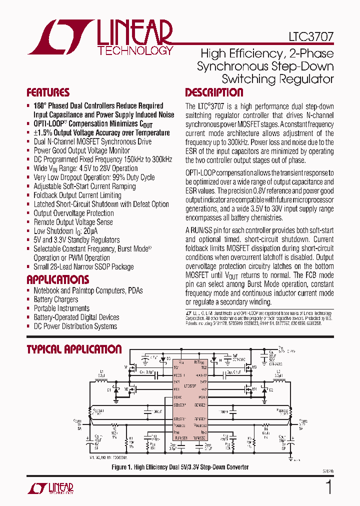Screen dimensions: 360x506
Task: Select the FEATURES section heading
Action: coord(48,92)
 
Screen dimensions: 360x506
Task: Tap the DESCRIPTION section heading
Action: coord(214,92)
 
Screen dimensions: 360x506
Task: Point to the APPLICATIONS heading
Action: coord(57,279)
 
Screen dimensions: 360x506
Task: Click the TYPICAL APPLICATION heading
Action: coord(74,349)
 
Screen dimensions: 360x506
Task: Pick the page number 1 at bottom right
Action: coord(328,486)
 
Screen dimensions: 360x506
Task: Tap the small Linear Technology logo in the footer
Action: coord(50,488)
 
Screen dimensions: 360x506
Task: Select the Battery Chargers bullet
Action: coord(55,299)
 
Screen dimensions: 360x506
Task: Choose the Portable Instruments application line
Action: coord(61,308)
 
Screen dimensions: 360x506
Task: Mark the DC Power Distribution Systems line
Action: coord(75,326)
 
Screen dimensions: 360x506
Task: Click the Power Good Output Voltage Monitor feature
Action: coord(81,150)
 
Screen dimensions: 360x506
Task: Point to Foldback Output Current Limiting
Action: coord(77,195)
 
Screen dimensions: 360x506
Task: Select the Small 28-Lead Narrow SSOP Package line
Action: coord(83,267)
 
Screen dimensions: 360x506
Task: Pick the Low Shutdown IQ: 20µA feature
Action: coord(65,231)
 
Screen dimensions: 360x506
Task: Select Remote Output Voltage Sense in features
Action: coord(73,222)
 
